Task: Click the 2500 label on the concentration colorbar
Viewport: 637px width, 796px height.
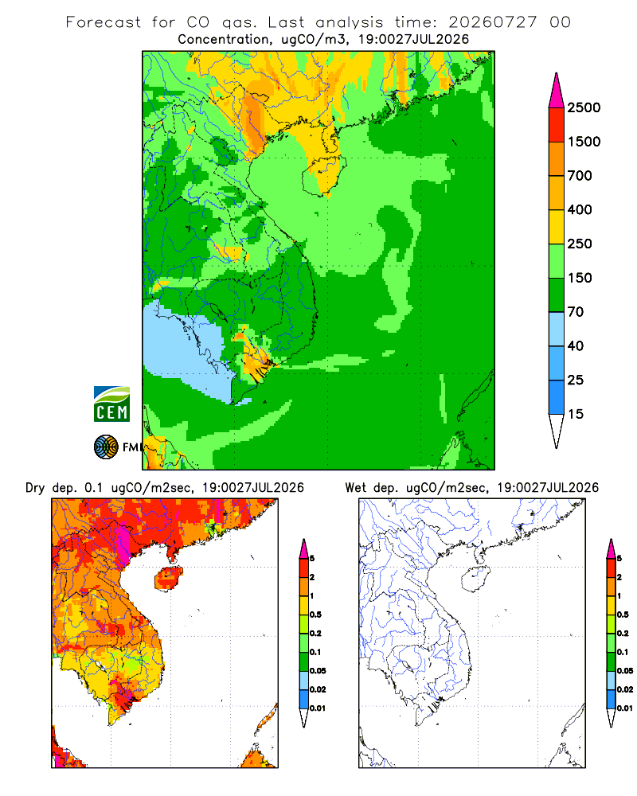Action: coord(584,107)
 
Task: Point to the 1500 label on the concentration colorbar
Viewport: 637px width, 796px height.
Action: coord(584,142)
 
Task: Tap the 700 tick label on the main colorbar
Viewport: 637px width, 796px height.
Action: coord(580,176)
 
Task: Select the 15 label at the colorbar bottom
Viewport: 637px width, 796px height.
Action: coord(576,414)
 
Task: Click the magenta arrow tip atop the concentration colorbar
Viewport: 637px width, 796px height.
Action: coord(557,91)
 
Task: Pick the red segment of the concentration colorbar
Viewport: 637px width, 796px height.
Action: coord(557,125)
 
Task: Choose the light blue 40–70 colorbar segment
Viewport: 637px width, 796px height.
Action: coord(557,329)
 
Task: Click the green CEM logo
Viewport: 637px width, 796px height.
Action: coord(111,404)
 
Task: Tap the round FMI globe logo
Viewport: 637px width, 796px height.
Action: coord(106,447)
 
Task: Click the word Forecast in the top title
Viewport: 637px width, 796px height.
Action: coord(104,22)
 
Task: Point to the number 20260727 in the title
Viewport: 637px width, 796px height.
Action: coord(492,22)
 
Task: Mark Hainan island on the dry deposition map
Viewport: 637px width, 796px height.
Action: coord(168,579)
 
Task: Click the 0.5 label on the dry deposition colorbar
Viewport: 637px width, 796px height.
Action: coord(315,615)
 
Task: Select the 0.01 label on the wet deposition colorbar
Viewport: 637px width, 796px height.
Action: coord(625,708)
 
